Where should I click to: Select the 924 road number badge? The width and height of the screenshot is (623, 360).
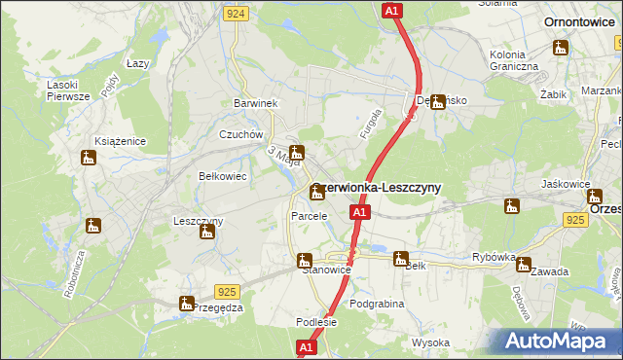(x=234, y=14)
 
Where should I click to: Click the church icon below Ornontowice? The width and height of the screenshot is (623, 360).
(x=561, y=47)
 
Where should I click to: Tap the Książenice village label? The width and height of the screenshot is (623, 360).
(x=120, y=142)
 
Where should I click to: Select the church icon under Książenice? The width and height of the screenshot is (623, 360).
(x=89, y=158)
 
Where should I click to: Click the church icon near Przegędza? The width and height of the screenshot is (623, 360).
(x=186, y=304)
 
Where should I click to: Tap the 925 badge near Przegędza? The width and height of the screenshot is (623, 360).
(x=227, y=291)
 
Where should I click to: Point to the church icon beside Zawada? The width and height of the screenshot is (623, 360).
(x=524, y=264)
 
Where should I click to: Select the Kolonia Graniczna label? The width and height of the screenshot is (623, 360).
(x=514, y=59)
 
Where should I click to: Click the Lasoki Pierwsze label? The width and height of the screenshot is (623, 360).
(x=68, y=90)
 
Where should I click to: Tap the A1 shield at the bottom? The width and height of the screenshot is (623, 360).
(x=306, y=347)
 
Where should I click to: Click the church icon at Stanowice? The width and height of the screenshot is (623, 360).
(x=304, y=260)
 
